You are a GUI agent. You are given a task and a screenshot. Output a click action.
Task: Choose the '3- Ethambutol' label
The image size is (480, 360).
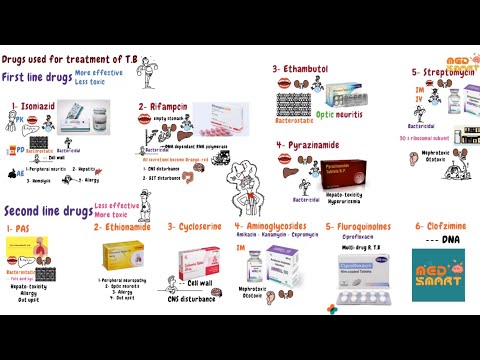(x=304, y=68)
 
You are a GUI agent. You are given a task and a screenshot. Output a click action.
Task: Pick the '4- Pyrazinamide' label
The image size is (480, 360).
(x=311, y=144)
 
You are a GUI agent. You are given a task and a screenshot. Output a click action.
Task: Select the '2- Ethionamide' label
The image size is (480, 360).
(x=126, y=227)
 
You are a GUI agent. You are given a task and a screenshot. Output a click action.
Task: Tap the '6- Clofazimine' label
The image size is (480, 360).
(x=440, y=227)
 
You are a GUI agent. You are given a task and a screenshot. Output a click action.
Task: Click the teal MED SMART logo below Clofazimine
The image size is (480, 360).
(x=438, y=275)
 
